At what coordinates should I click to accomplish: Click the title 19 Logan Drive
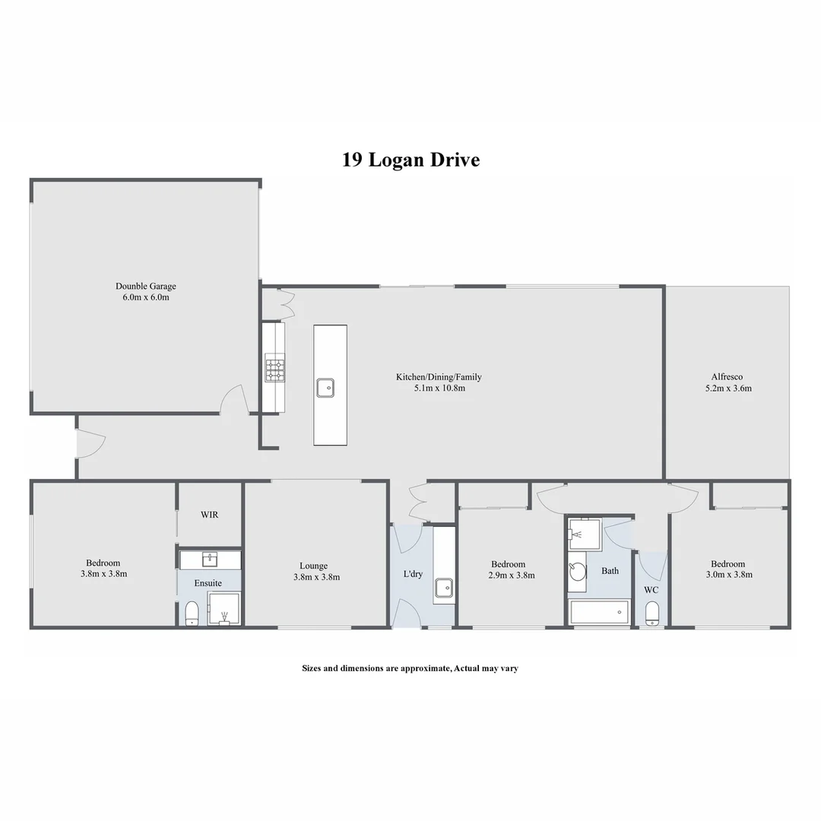(x=410, y=160)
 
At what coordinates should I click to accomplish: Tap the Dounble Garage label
(x=146, y=287)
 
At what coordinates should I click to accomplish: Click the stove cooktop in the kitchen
(x=274, y=369)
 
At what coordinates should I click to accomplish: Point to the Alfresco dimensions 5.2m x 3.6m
(x=727, y=388)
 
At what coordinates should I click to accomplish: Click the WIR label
(x=210, y=515)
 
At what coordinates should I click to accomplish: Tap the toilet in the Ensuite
(x=192, y=613)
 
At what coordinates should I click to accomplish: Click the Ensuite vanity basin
(x=210, y=560)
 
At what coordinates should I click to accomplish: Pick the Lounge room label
(x=313, y=566)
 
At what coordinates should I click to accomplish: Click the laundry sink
(x=444, y=588)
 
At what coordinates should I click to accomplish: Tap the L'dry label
(x=413, y=574)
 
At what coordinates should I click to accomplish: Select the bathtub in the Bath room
(x=600, y=612)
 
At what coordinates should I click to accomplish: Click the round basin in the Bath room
(x=578, y=572)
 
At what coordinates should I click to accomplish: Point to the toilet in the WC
(x=652, y=613)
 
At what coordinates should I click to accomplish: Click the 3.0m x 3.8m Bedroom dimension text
(x=727, y=575)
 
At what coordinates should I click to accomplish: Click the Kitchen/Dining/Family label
(x=439, y=377)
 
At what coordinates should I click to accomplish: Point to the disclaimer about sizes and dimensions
(x=410, y=669)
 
